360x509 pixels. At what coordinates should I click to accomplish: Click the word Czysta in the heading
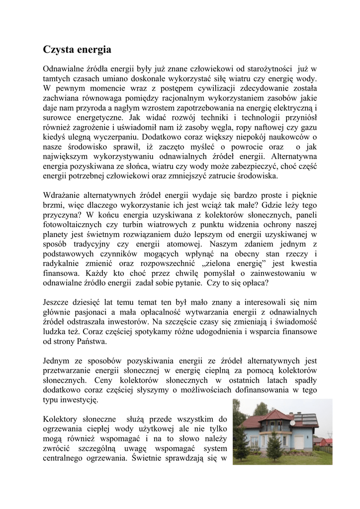58,50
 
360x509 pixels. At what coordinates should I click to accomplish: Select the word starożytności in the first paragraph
279,68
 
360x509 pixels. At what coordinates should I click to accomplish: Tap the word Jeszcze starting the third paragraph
58,302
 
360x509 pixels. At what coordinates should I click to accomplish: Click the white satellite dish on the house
292,423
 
